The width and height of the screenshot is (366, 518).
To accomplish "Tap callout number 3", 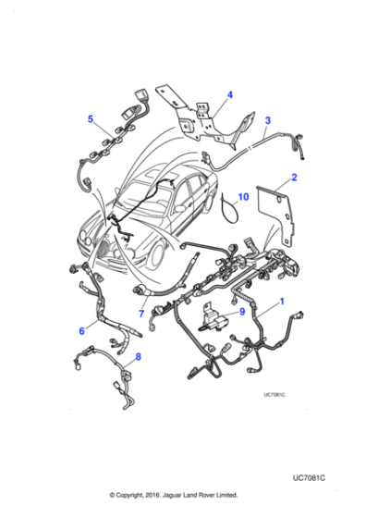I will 268,120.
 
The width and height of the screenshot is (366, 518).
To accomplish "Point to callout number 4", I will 230,94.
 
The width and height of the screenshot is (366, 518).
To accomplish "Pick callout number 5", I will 91,117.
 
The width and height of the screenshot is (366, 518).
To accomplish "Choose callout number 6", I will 82,328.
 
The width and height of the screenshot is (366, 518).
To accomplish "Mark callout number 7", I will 140,314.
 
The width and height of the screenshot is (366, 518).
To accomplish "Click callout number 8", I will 139,357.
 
